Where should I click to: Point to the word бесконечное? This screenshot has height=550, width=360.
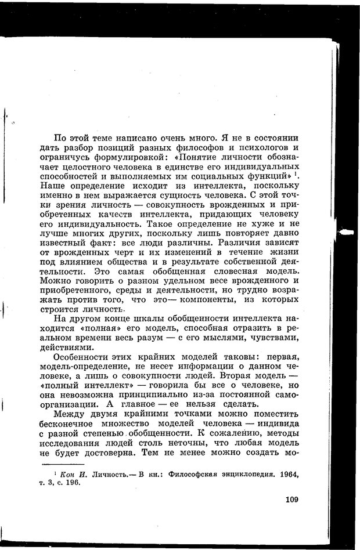(x=73, y=423)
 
